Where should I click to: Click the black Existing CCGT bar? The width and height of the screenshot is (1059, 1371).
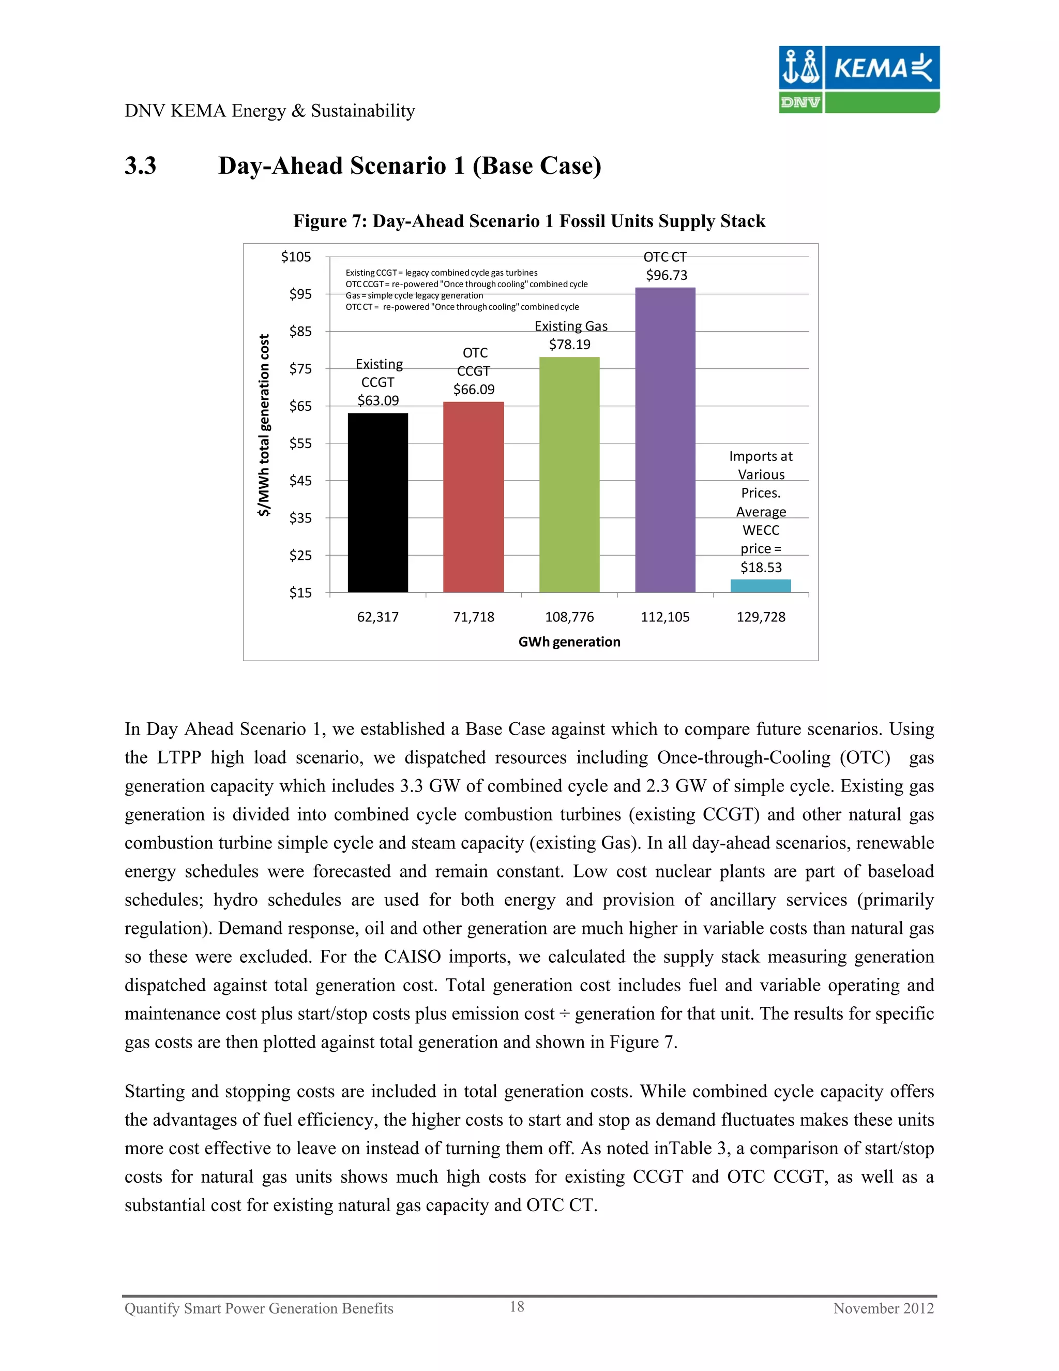[x=377, y=502]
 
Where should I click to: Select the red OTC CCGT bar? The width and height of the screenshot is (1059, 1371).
[x=473, y=497]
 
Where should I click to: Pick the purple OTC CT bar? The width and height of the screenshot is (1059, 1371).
[x=665, y=439]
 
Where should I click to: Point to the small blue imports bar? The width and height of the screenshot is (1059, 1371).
[x=760, y=586]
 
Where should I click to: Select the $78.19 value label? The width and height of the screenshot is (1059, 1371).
[x=570, y=344]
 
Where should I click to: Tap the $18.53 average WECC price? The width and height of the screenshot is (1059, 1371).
[x=761, y=568]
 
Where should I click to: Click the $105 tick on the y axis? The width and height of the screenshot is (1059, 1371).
[x=296, y=257]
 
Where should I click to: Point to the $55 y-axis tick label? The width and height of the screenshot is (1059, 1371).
[x=300, y=443]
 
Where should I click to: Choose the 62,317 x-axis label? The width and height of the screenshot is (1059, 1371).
[x=377, y=617]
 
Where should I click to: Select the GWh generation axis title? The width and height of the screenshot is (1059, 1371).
[x=569, y=642]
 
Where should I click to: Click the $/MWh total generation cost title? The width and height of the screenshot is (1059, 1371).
[x=264, y=425]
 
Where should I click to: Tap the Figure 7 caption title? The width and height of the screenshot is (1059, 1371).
[x=529, y=221]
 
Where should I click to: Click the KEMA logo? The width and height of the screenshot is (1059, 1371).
[x=859, y=79]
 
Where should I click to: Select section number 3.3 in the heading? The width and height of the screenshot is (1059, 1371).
[x=140, y=166]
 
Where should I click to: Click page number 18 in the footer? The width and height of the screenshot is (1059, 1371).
[x=517, y=1306]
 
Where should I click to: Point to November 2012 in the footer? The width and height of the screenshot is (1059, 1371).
[x=883, y=1308]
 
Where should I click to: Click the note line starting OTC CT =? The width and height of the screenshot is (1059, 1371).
[x=462, y=307]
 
